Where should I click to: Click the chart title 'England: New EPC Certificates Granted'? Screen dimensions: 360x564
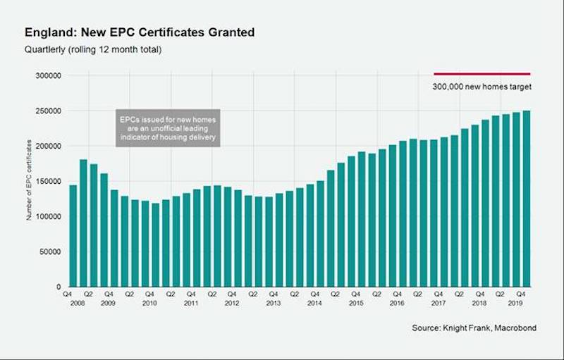(x=139, y=32)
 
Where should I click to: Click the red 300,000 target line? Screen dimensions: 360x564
(x=482, y=73)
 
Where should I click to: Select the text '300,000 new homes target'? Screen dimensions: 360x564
(x=482, y=87)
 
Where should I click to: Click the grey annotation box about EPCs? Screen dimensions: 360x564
(x=167, y=128)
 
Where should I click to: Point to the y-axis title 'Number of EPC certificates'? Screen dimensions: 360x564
(x=30, y=180)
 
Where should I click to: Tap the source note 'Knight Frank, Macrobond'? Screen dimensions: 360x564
(x=474, y=328)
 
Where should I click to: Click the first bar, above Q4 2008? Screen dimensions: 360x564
(x=73, y=236)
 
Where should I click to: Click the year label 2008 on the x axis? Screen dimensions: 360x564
(x=68, y=302)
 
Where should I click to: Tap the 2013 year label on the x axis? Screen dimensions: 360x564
(x=274, y=302)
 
